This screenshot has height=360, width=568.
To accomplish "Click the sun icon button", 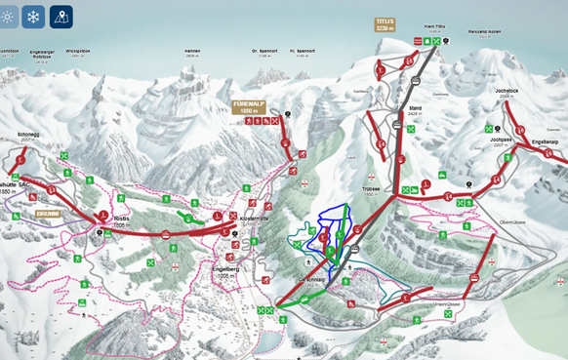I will pyautogui.click(x=8, y=17).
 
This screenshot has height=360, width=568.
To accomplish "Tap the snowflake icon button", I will pyautogui.click(x=33, y=17).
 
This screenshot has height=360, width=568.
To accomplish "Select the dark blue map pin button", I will pyautogui.click(x=61, y=17).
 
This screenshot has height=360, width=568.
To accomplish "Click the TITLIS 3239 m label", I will pyautogui.click(x=385, y=24).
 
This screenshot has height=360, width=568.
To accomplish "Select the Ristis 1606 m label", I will pyautogui.click(x=121, y=221).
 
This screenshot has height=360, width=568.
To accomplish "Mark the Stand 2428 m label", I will pyautogui.click(x=415, y=110).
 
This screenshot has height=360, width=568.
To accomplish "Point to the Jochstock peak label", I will pyautogui.click(x=506, y=92).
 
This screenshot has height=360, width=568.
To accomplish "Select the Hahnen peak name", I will pyautogui.click(x=192, y=52).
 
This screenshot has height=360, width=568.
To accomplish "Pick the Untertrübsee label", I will pyautogui.click(x=434, y=305).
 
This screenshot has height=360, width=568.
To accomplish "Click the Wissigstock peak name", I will pyautogui.click(x=77, y=52).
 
